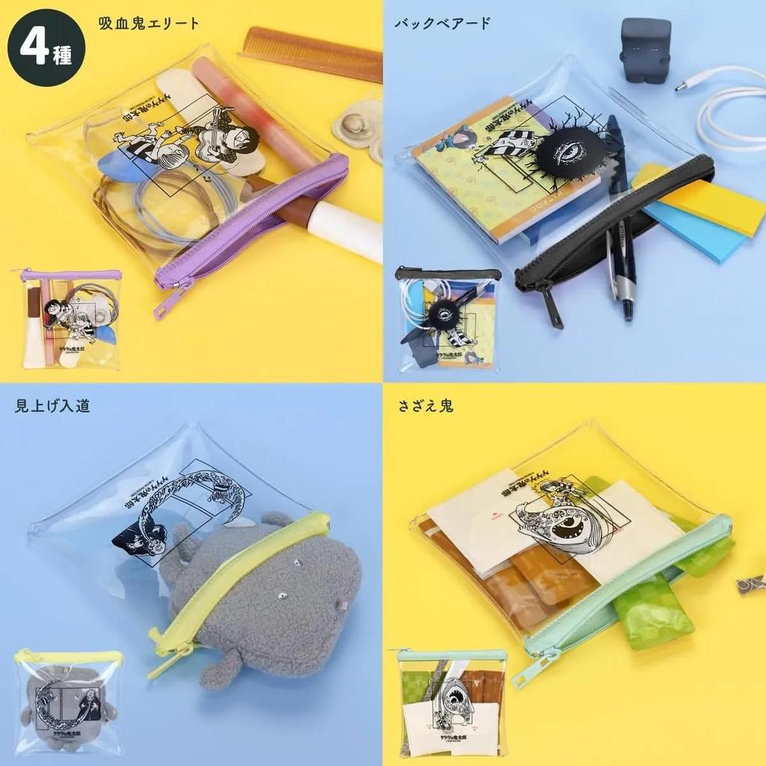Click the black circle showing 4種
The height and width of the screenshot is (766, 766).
click(x=46, y=48)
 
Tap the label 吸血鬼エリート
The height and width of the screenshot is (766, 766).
click(x=149, y=23)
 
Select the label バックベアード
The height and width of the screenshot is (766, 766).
click(x=443, y=23)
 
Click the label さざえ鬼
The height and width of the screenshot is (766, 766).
click(x=426, y=406)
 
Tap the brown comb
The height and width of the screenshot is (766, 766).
click(x=310, y=53)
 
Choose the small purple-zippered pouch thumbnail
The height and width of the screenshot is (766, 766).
click(x=71, y=318)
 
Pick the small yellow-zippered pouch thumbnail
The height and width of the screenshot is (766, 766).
click(x=69, y=702)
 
